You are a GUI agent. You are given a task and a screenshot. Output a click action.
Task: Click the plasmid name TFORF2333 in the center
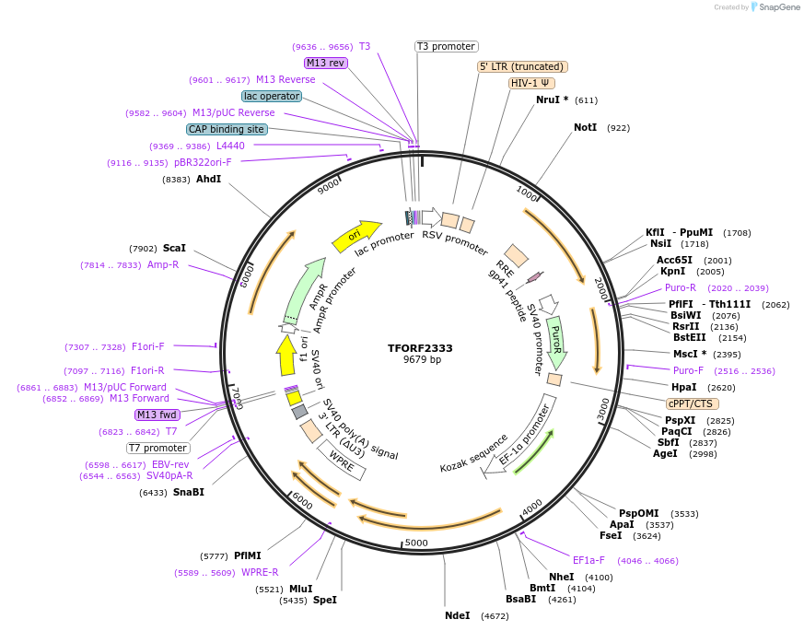420,348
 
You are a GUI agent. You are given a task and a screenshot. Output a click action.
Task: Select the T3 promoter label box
446,46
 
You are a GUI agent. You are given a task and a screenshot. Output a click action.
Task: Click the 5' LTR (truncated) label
522,66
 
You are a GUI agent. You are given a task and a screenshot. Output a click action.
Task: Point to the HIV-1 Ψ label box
531,83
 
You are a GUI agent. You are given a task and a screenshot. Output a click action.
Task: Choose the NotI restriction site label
585,127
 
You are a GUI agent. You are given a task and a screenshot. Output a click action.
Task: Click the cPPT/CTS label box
693,403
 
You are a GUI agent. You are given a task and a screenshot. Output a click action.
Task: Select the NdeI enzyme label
458,615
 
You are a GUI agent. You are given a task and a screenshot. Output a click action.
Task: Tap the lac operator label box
272,96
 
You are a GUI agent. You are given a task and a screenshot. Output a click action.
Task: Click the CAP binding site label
227,129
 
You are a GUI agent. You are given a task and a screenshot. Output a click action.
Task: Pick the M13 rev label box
325,63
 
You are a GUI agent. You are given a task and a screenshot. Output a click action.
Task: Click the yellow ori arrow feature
356,236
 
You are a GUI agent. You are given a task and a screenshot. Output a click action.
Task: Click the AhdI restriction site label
208,179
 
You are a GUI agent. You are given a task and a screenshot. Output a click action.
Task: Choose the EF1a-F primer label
588,560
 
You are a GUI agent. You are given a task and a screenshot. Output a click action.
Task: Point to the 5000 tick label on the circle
416,543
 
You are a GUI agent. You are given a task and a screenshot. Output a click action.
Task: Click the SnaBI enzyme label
188,492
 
